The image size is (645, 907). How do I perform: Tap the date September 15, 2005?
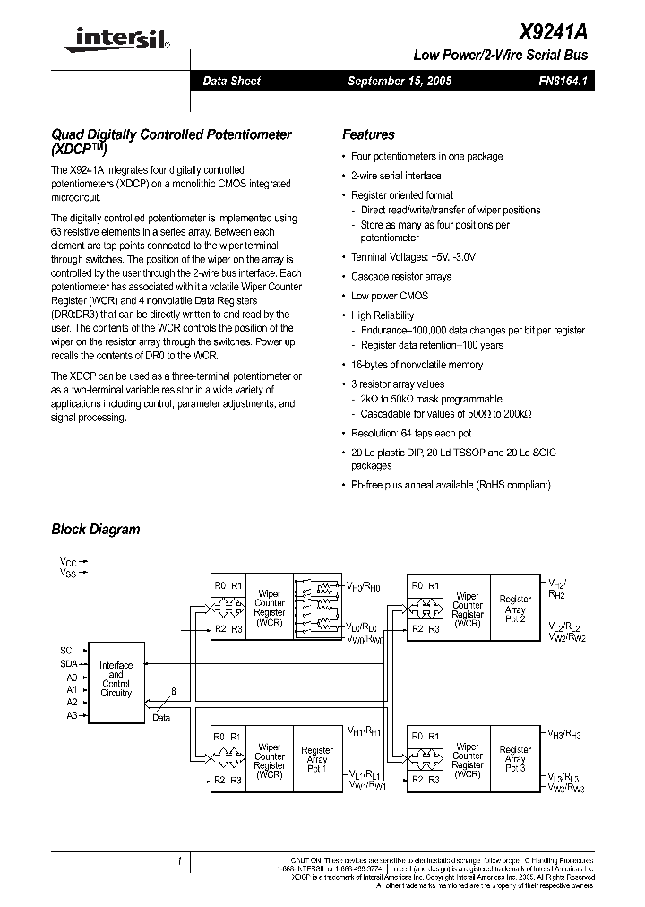(400, 82)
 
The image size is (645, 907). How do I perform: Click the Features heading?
(368, 135)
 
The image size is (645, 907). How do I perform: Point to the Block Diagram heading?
(96, 530)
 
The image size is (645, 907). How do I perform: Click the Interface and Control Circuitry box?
(116, 679)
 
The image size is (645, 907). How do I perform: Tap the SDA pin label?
(69, 663)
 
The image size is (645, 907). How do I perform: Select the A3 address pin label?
(72, 715)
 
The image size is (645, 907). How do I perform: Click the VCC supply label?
(68, 560)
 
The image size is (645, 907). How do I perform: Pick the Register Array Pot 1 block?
(317, 760)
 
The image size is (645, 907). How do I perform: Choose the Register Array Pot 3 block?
(515, 760)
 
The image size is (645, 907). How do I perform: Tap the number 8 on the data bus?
(174, 691)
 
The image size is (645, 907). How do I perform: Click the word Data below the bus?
(160, 718)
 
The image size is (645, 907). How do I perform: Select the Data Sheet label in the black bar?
(231, 82)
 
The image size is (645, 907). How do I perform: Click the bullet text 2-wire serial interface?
(396, 176)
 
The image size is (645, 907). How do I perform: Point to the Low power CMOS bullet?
(390, 296)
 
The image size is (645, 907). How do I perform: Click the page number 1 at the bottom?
(180, 861)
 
